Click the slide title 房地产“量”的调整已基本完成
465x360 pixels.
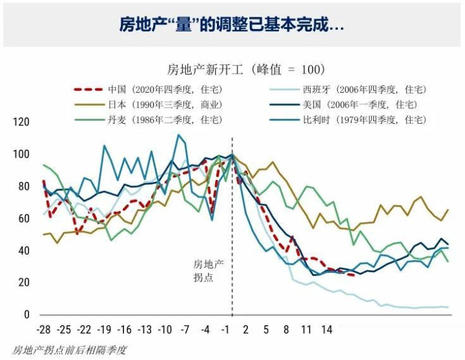pos(232,25)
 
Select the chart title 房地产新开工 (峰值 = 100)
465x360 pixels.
pos(246,69)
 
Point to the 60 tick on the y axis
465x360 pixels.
pos(25,219)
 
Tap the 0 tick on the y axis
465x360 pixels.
pos(27,315)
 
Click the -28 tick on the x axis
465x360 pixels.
pos(45,330)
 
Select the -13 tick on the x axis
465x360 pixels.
pos(145,330)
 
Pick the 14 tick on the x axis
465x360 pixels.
pos(326,330)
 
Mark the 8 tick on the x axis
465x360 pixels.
pos(286,330)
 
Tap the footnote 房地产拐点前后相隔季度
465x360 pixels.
pos(69,350)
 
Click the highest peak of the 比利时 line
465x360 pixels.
pos(178,135)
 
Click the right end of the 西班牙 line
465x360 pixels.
pos(448,307)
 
